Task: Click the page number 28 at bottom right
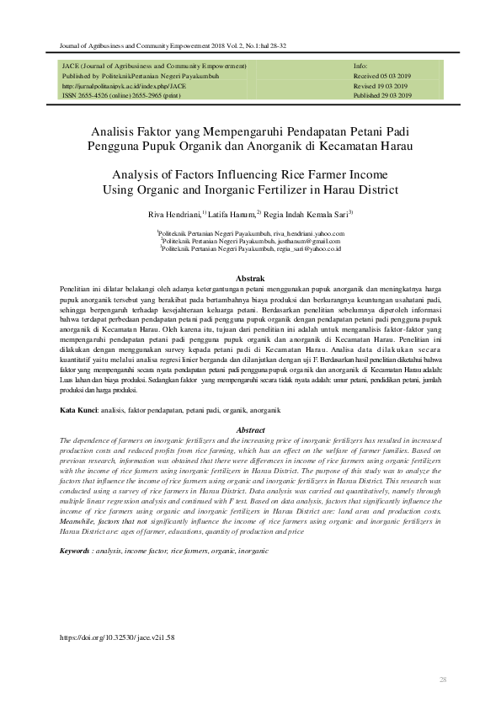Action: [443, 679]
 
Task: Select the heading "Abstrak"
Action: [249, 278]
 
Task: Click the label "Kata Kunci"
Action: [77, 409]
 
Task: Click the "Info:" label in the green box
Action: [360, 65]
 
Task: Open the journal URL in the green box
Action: [124, 85]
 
